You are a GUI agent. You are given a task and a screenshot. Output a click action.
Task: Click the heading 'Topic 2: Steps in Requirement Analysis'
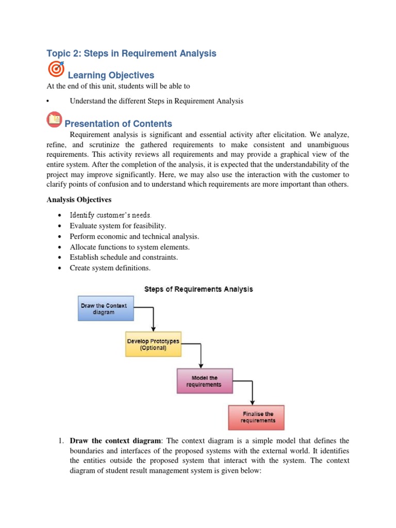(x=131, y=54)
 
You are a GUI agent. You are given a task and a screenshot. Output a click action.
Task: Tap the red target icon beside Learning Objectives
(x=56, y=69)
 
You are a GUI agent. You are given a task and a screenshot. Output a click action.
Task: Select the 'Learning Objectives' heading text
(x=111, y=76)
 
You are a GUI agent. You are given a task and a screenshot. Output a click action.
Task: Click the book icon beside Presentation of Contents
(x=54, y=120)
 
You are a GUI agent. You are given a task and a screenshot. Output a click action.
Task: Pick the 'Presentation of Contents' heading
(x=118, y=124)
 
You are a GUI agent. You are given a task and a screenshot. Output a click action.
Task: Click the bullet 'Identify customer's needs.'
(x=110, y=214)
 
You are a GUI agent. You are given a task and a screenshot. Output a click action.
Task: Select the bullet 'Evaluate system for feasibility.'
(x=118, y=226)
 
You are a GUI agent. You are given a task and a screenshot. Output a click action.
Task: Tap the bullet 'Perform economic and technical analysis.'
(x=134, y=237)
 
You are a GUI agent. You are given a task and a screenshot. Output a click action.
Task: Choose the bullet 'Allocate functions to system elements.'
(x=133, y=247)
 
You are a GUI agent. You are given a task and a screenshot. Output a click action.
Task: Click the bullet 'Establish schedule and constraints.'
(x=124, y=257)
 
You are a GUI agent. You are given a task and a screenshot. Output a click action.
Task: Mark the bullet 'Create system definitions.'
(x=110, y=268)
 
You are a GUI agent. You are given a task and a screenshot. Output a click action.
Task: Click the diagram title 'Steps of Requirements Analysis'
(x=199, y=289)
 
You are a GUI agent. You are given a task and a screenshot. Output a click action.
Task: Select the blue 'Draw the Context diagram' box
(x=105, y=309)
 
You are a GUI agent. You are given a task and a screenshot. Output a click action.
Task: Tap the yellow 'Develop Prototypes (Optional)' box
(x=153, y=344)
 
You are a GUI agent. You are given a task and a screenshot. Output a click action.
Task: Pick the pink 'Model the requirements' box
(x=205, y=381)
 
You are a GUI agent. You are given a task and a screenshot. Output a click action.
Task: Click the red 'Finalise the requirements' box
(x=256, y=417)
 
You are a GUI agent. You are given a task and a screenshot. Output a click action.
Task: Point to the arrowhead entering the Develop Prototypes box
(x=153, y=328)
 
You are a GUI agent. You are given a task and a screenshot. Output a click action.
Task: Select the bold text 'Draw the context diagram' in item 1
(x=115, y=441)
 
